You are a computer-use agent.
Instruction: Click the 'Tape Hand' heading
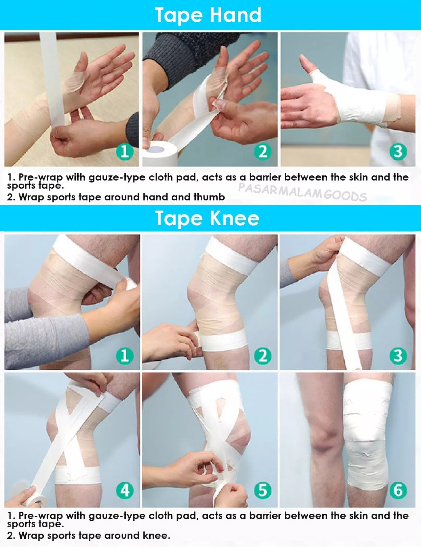point(208,15)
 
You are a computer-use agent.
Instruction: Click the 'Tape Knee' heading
point(207,218)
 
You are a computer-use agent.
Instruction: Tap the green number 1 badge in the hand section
point(125,151)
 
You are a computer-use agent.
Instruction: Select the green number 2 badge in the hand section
point(262,151)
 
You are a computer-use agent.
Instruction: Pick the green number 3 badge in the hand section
point(398,151)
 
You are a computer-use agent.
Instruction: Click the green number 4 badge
point(125,490)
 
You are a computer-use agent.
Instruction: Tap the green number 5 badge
point(262,490)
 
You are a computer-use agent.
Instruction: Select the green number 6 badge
point(398,490)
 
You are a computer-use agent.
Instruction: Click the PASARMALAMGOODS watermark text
point(302,192)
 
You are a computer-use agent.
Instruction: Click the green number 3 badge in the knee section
point(398,356)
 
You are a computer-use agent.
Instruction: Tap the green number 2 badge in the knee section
point(262,356)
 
